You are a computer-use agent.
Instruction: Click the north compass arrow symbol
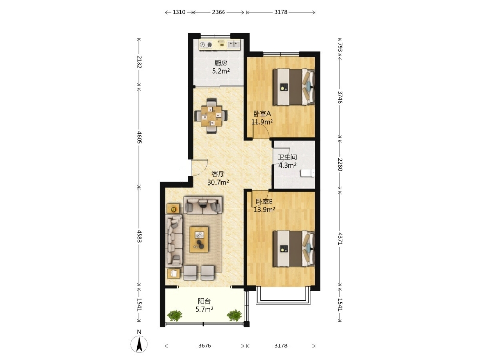click(x=139, y=344)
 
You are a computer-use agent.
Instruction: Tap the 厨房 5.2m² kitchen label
click(x=221, y=67)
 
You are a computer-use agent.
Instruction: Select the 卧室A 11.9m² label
click(x=262, y=118)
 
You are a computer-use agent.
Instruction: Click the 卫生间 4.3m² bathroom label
click(x=287, y=161)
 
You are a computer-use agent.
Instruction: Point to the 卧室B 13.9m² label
click(x=264, y=205)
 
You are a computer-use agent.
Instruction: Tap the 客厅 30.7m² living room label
click(x=218, y=178)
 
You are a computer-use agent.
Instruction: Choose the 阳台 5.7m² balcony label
click(x=204, y=305)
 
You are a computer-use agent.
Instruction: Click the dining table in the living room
click(x=211, y=116)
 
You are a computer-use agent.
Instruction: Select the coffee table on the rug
click(x=199, y=240)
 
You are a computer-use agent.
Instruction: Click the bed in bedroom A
click(x=294, y=87)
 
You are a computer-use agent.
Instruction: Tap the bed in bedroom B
click(x=294, y=249)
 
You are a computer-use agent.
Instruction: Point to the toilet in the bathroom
click(x=308, y=173)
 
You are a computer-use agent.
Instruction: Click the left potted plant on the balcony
click(x=175, y=315)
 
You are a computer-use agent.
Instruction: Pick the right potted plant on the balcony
click(x=235, y=315)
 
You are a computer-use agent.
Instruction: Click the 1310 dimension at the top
click(x=179, y=12)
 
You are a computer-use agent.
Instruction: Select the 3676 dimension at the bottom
click(x=205, y=345)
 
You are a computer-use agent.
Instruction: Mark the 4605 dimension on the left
click(x=139, y=138)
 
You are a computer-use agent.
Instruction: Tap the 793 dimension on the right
click(x=340, y=47)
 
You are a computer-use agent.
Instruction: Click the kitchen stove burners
click(x=206, y=45)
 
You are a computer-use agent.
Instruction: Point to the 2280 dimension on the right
click(x=340, y=164)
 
